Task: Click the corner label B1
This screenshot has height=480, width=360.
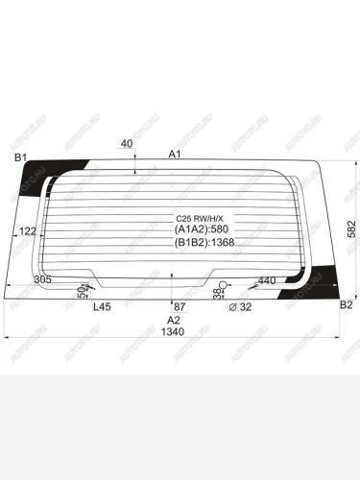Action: coord(18,157)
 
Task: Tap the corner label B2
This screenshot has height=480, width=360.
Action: coord(348,304)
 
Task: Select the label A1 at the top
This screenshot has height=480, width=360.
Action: coord(175,155)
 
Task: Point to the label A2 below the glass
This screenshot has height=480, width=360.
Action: coord(174,320)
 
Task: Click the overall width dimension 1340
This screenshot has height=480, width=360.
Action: coord(174,332)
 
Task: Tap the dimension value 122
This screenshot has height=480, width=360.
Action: coord(28,231)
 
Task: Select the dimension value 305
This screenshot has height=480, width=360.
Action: coord(43,279)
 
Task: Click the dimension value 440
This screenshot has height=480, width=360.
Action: coord(266,279)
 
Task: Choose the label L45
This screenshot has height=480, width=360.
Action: coord(102,306)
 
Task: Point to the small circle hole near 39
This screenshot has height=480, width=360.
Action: coord(223,284)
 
